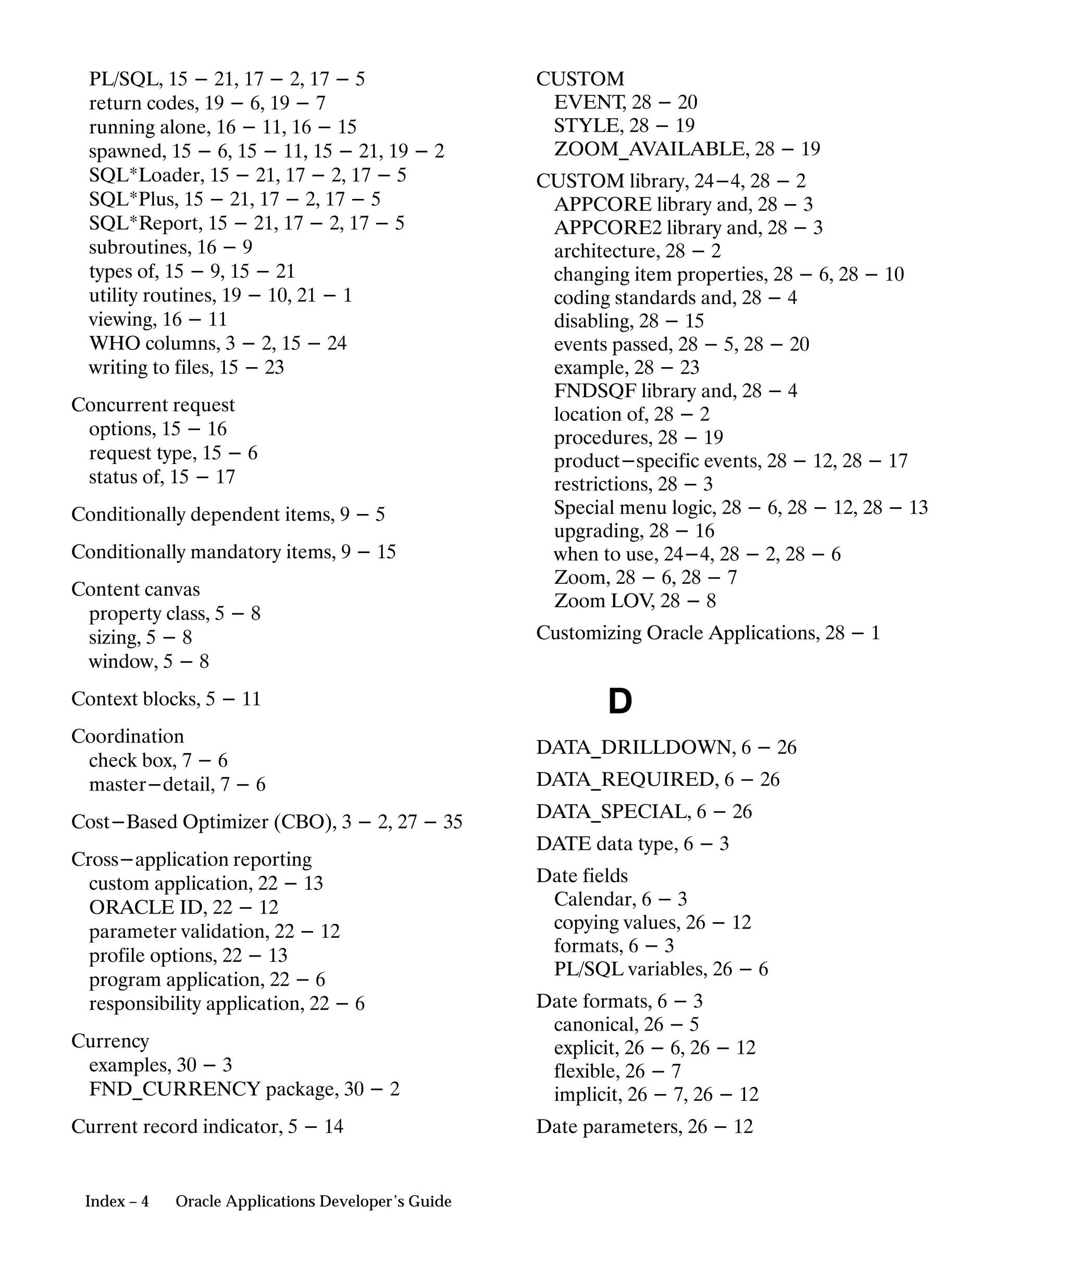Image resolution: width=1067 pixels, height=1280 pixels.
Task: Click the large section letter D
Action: (x=619, y=701)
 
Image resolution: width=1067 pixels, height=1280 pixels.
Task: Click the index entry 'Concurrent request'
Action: (x=153, y=405)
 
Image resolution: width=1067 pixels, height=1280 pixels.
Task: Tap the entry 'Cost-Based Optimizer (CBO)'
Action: (x=204, y=822)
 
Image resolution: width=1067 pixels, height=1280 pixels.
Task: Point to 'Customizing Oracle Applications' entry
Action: (x=677, y=633)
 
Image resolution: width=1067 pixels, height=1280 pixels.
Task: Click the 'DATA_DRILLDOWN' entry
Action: (x=635, y=747)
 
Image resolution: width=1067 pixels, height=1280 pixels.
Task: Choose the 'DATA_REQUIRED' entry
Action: (x=626, y=780)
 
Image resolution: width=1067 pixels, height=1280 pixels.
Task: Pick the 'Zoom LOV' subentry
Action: (x=604, y=601)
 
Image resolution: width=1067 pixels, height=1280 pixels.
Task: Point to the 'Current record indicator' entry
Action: (x=177, y=1126)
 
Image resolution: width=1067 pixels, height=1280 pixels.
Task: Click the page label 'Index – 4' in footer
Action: (x=117, y=1201)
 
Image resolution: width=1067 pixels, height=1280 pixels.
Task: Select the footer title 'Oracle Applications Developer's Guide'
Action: (x=314, y=1201)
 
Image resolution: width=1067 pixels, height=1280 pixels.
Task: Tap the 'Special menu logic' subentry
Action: (x=634, y=508)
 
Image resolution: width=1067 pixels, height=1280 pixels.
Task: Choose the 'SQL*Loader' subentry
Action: (x=146, y=175)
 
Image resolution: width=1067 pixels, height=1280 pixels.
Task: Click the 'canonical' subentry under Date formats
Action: (x=595, y=1025)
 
